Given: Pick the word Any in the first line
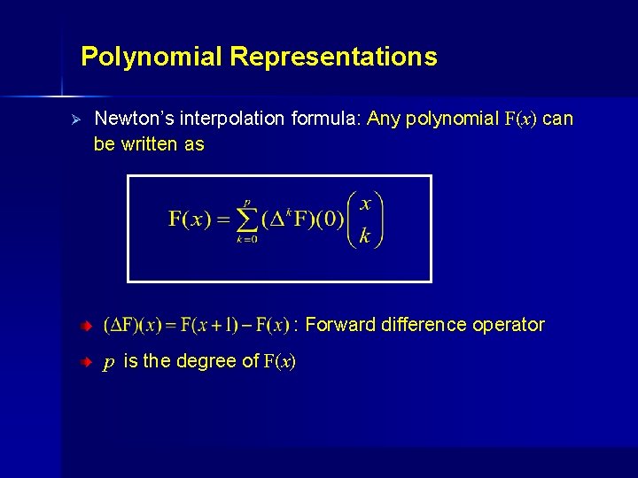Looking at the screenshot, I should point(385,119).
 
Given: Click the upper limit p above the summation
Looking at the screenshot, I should point(247,202).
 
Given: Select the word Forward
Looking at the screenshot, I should point(340,325).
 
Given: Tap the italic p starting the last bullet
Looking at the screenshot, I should point(108,362).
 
